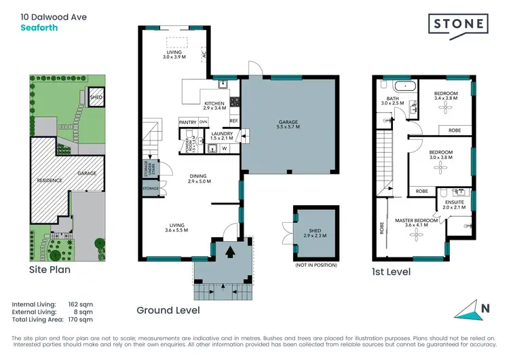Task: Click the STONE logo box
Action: [459, 24]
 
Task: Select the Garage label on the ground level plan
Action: [288, 125]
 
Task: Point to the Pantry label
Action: [187, 122]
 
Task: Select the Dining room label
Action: [200, 179]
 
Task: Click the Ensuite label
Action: [456, 204]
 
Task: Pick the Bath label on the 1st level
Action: [394, 100]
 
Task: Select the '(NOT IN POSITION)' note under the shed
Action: [316, 265]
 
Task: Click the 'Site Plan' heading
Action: [49, 270]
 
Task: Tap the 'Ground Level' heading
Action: [168, 310]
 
